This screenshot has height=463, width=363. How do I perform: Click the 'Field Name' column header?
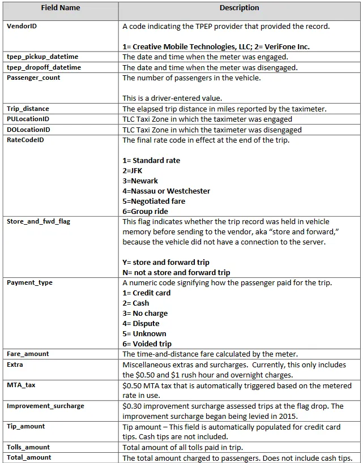point(61,8)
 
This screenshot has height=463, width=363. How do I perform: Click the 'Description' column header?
point(239,8)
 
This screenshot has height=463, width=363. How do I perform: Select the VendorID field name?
point(22,27)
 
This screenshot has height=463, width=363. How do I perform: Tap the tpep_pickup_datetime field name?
point(42,57)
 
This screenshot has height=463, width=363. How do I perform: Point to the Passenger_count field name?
point(33,78)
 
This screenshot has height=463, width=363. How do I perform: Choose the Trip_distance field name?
point(28,109)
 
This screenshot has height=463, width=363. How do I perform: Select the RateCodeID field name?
point(25,140)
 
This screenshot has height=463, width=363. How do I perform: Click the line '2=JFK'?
point(133,170)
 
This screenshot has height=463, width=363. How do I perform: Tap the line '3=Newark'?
point(140,181)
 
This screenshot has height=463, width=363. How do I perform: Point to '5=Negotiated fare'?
point(154,201)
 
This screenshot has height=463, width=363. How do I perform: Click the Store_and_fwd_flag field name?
point(39,221)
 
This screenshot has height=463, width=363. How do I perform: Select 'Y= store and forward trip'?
point(166,262)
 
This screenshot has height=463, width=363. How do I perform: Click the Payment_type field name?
point(29,282)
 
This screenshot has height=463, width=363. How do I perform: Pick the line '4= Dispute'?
point(141,323)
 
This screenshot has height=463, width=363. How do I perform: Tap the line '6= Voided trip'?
point(147,344)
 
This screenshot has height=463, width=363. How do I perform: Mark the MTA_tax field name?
point(21,385)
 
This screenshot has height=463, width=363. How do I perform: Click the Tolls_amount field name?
point(28,447)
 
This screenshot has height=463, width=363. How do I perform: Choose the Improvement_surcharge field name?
point(45,406)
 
